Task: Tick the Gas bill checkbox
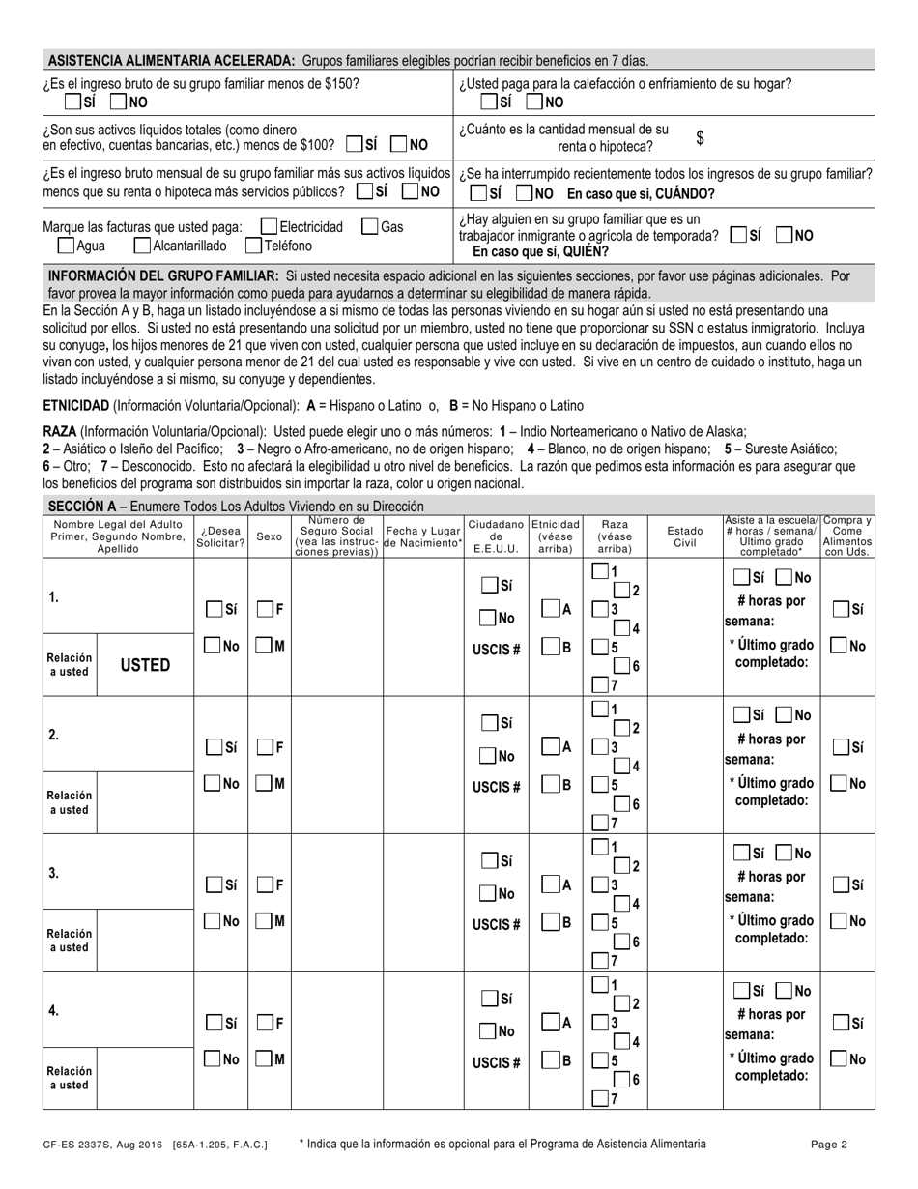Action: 369,227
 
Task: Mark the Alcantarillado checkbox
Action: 142,246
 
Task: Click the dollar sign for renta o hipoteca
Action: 700,138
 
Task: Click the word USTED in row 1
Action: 145,665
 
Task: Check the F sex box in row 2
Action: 264,747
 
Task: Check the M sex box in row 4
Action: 264,1059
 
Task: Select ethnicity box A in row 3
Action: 550,884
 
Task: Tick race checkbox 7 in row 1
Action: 600,684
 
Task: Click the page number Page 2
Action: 829,1145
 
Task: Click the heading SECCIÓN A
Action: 81,506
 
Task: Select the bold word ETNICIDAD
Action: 75,406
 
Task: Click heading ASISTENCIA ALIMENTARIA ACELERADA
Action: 171,60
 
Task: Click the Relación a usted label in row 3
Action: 69,941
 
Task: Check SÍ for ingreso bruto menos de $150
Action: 72,101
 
